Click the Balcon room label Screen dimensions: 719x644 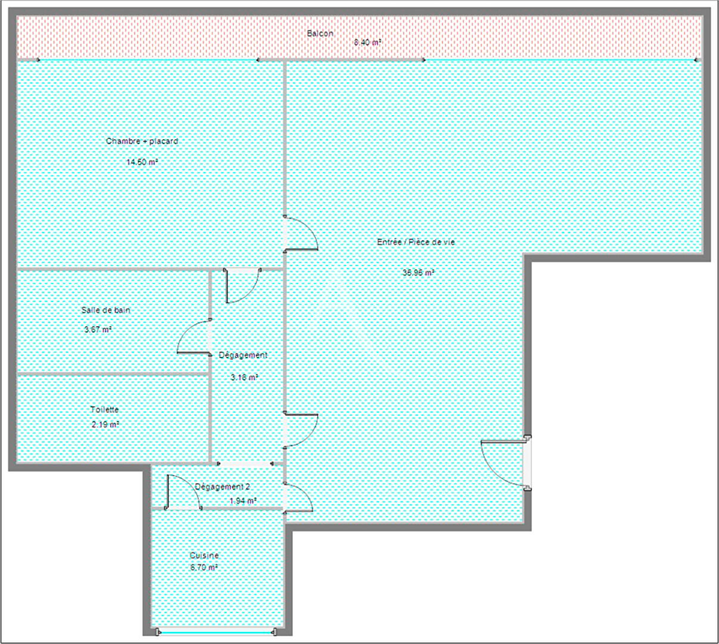320,33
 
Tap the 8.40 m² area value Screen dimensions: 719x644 367,42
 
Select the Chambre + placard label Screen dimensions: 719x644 142,141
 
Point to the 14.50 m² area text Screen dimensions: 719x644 142,162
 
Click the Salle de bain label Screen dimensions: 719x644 106,310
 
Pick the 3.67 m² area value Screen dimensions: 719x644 98,329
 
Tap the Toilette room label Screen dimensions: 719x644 104,409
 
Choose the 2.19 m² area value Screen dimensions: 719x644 105,424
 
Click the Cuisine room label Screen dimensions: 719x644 204,555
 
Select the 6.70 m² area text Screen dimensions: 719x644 204,568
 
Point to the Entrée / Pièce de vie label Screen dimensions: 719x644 416,242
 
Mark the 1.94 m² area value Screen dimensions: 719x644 243,501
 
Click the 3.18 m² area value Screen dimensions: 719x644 244,377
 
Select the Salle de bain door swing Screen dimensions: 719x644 194,336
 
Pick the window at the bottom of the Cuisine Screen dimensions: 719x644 216,631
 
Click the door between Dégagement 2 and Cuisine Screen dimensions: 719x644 183,492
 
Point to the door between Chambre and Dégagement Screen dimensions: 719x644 243,285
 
